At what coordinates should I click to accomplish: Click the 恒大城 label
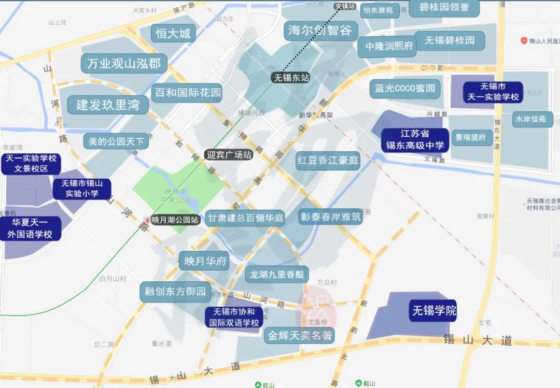coord(173,34)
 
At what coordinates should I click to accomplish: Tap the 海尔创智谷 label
coord(320,31)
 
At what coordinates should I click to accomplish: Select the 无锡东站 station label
coord(291,78)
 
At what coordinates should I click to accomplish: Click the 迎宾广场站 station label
coord(229,154)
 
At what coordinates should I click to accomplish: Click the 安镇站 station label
coord(345,6)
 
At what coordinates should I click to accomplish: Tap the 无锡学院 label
coord(434,311)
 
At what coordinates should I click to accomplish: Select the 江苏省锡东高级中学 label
coord(415,140)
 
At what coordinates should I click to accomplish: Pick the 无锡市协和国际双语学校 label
coord(233,318)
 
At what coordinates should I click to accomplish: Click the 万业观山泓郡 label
coord(124,64)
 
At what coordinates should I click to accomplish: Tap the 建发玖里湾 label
coord(108,105)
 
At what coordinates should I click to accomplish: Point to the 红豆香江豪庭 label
coord(328,161)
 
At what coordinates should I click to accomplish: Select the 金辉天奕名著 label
coord(299,336)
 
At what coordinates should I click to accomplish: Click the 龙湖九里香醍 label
coord(276,275)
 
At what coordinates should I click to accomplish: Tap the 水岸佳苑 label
coord(530,119)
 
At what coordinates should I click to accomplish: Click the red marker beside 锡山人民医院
coord(524,41)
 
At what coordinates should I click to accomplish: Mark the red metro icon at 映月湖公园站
coord(148,220)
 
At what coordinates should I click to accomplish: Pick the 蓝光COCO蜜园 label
coord(405,88)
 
